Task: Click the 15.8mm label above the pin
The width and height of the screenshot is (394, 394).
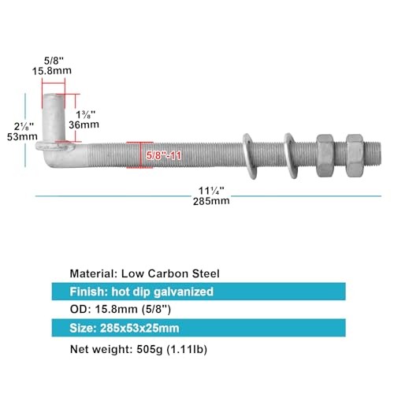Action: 52,71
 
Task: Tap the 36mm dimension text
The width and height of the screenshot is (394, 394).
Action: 84,125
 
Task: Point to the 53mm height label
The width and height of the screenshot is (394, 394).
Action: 22,136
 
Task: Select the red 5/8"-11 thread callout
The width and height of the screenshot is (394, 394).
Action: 163,155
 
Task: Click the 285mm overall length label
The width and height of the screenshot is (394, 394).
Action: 211,201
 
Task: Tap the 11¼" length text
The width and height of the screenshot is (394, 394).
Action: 211,191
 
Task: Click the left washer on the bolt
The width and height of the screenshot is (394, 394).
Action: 250,156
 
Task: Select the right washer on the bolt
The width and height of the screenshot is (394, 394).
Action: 291,156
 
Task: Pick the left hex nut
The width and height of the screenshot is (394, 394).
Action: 325,155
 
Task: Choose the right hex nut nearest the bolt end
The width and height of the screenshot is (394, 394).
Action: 355,155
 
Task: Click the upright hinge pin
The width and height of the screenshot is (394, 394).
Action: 54,117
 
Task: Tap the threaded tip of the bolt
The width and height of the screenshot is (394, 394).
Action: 373,154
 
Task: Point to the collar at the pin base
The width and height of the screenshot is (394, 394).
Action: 55,146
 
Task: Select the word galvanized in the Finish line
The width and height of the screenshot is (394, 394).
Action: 184,292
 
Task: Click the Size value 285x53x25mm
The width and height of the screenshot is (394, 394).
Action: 139,328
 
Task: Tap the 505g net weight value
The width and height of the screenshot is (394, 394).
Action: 150,350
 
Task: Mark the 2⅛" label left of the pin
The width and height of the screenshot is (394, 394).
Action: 24,127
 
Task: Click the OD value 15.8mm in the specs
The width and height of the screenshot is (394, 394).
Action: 116,310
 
